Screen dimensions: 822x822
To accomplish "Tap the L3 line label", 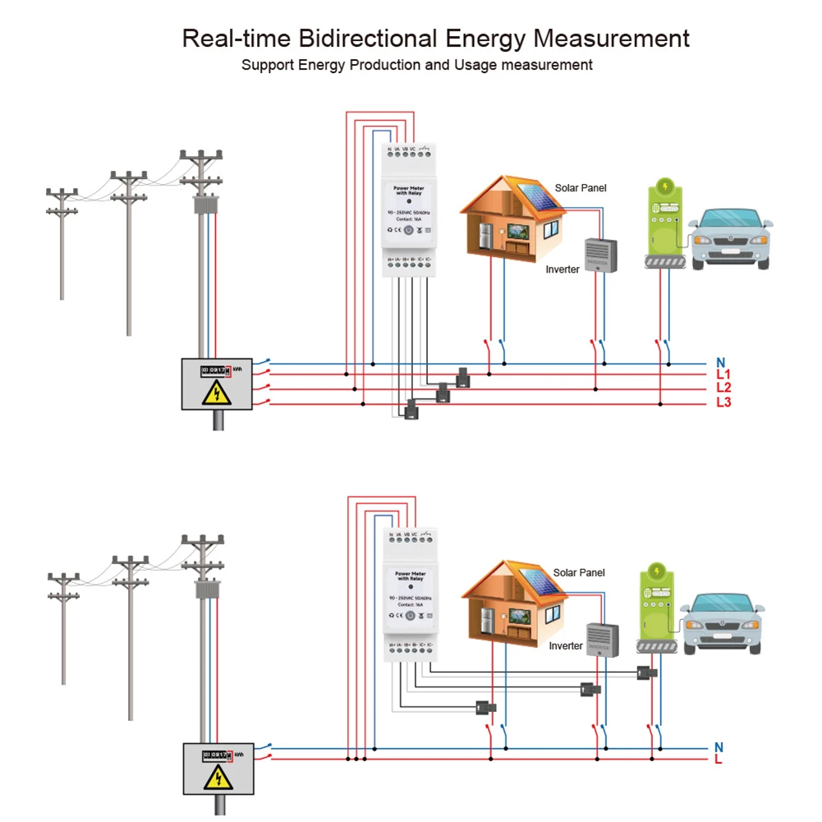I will [723, 402].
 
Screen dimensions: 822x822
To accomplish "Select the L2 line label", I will [723, 388].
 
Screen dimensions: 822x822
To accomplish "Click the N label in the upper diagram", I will [720, 362].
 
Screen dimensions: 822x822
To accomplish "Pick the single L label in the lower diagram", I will [719, 760].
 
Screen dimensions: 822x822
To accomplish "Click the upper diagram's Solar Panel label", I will [580, 188].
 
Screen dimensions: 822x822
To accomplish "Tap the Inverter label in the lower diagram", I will [565, 646].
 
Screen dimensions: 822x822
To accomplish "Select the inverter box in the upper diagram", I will [600, 255].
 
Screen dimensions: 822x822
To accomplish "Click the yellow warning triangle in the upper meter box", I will [217, 394].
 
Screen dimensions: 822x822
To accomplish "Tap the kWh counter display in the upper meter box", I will [216, 370].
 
